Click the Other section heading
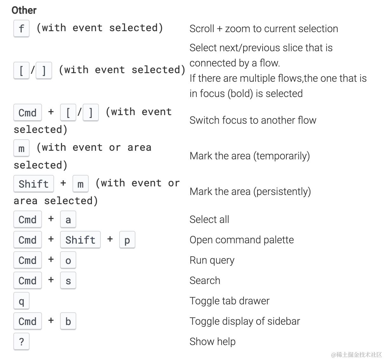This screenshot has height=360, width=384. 24,10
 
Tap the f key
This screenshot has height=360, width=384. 22,28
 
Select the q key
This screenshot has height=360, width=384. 22,301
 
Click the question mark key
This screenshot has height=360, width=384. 22,342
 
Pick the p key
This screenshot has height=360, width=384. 127,240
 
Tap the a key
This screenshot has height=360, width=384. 68,219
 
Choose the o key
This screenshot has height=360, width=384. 68,260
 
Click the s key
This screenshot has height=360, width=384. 68,280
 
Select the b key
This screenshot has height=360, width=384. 68,321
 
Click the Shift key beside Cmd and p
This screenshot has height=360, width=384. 80,240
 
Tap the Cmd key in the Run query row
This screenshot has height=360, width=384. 28,260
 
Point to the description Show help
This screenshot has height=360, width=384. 212,342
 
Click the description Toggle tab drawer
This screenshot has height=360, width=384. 230,301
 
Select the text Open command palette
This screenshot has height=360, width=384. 242,240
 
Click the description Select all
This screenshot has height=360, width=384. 209,219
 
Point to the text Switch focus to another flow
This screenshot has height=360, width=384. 253,120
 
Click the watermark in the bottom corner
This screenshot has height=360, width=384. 356,354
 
